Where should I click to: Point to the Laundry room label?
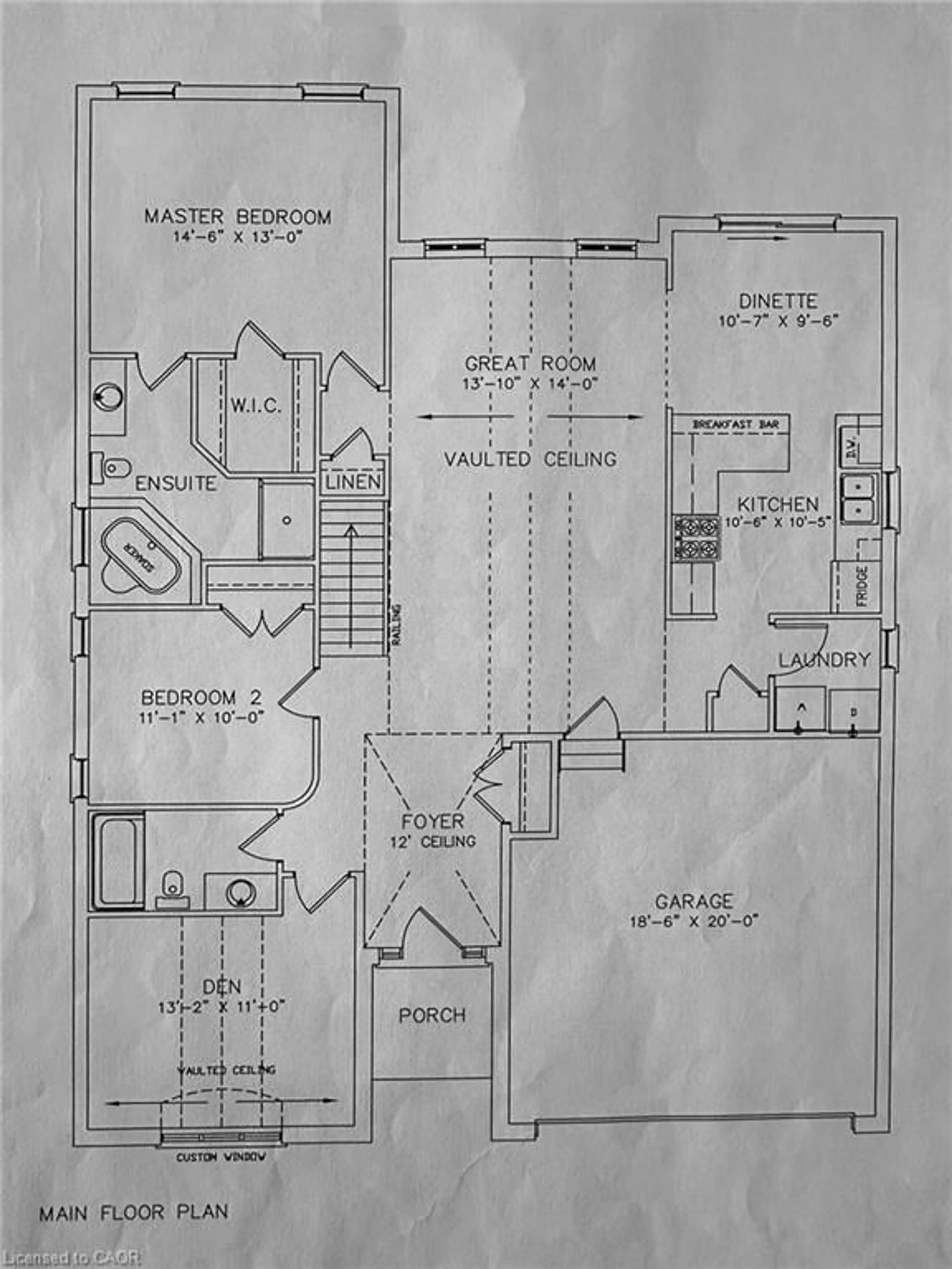click(824, 660)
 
